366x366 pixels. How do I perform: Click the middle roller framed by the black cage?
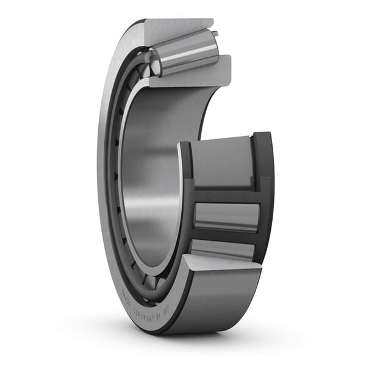pos(226,217)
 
